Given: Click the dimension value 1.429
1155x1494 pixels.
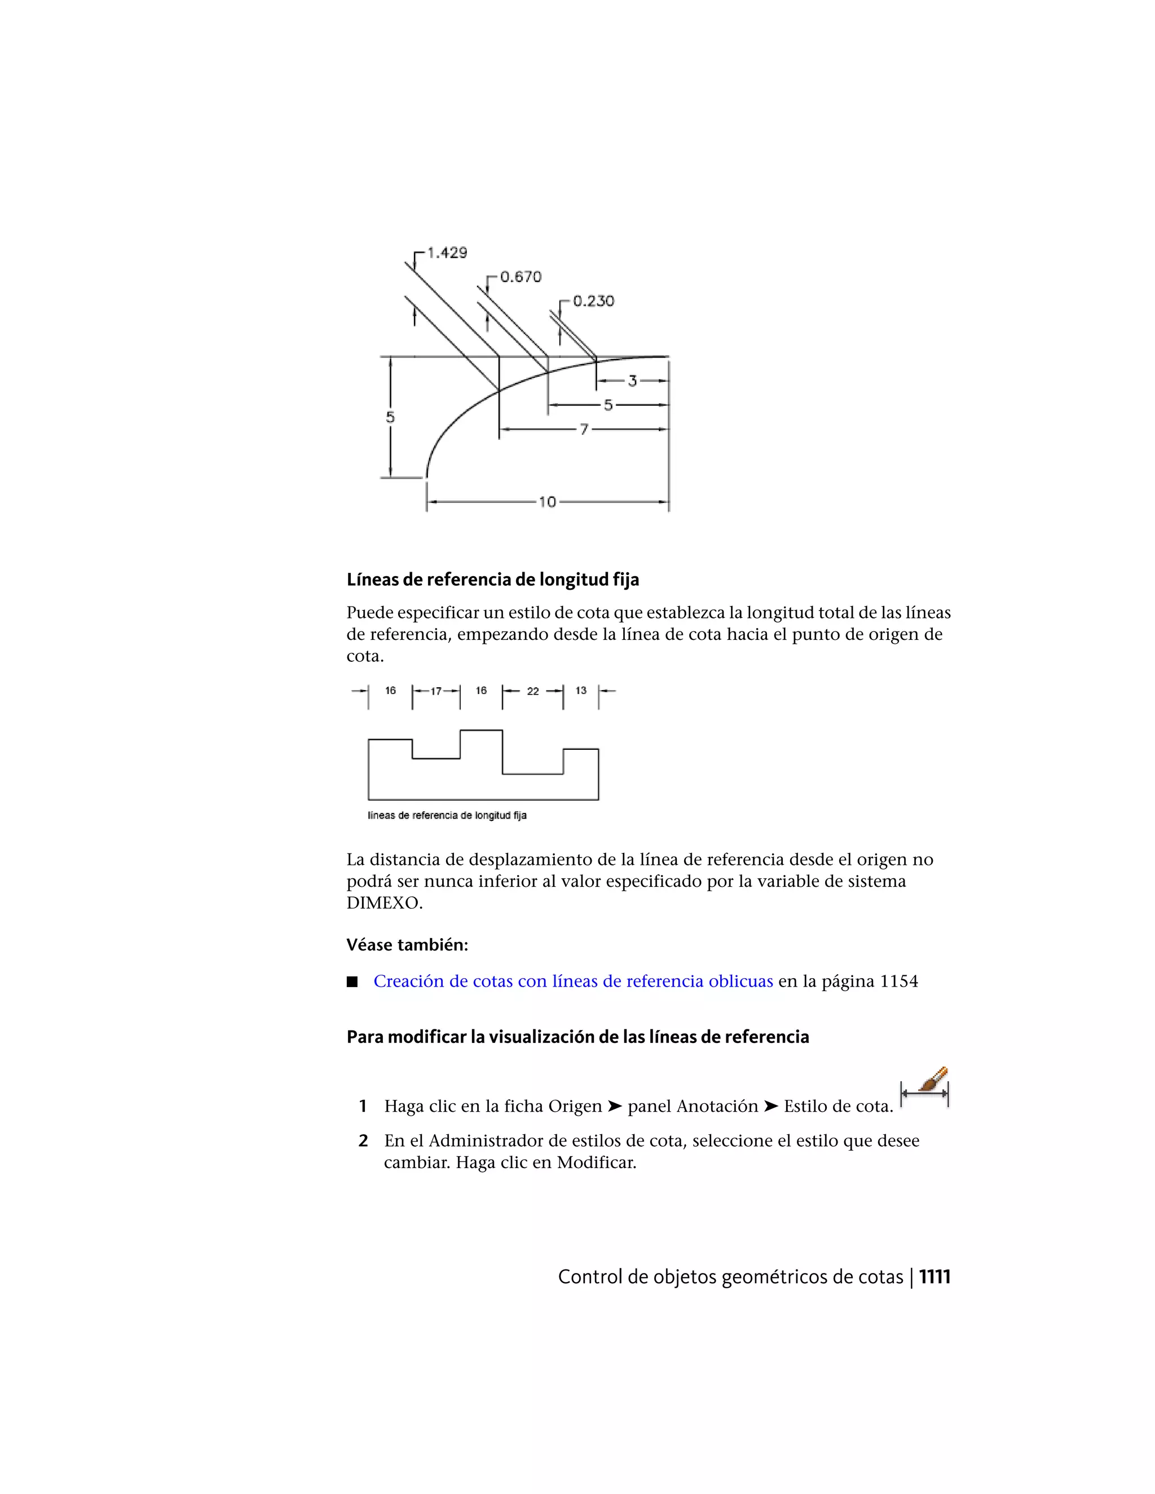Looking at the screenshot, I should (447, 253).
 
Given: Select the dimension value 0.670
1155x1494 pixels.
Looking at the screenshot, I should (520, 277).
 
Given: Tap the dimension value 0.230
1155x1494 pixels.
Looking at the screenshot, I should (593, 301).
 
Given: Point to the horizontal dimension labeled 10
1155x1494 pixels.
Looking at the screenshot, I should (548, 502).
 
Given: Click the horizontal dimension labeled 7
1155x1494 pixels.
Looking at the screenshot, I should (584, 430).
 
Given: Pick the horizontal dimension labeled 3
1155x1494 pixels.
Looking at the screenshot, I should (632, 381).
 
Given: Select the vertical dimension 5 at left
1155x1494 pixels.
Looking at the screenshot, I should (390, 417).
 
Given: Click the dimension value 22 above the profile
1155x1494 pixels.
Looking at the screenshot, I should (532, 692).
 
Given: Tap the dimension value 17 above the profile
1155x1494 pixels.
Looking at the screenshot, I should (436, 692).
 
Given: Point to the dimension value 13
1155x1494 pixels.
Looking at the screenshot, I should (581, 691).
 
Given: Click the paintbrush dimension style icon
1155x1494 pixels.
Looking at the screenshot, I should (925, 1087).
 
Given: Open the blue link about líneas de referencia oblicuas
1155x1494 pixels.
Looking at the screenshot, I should (573, 982).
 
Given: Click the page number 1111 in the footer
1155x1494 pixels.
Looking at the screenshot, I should (934, 1277).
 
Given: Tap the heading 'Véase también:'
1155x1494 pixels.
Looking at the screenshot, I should (407, 945).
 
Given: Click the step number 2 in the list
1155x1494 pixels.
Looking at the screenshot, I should (363, 1141).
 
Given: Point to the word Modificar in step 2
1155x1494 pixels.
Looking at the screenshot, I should (596, 1163).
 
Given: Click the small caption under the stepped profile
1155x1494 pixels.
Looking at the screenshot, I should (447, 815).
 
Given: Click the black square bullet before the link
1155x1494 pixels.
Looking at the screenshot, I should (352, 982).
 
